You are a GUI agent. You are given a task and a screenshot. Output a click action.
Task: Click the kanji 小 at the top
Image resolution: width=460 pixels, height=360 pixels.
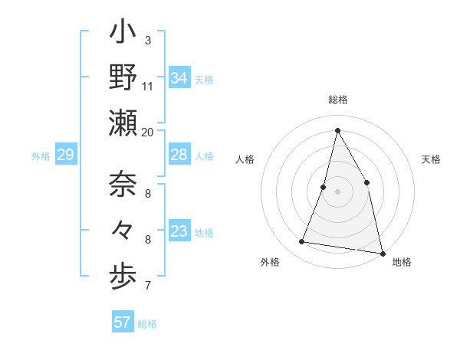point(123,34)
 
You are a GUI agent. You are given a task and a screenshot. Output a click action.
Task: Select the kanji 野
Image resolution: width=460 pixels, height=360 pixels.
point(123,79)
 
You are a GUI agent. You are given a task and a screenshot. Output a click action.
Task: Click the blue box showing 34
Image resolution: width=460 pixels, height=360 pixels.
point(179,78)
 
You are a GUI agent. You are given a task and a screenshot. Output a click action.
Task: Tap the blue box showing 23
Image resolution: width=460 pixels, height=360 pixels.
point(179,232)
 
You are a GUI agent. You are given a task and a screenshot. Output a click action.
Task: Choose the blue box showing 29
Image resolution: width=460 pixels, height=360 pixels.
point(65,155)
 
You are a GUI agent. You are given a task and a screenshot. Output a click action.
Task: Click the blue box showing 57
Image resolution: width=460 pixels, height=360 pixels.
point(122,322)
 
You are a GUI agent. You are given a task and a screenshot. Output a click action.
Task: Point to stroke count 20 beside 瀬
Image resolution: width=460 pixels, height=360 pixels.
point(148,133)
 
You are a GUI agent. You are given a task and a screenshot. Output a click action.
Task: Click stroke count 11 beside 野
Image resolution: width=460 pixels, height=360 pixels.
point(148,87)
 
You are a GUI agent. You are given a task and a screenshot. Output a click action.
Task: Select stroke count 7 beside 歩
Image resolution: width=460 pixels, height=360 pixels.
point(148,286)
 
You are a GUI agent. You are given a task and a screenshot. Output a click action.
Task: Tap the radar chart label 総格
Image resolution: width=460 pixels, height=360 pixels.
point(337,100)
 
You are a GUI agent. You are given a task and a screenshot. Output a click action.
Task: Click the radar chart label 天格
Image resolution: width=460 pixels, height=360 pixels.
point(431,159)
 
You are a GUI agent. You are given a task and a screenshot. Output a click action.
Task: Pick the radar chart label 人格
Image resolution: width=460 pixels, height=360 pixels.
point(245,159)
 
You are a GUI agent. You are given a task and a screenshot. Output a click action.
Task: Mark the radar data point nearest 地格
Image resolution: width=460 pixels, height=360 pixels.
point(381,252)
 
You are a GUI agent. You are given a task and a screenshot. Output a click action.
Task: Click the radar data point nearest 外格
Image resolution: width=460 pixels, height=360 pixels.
point(302,242)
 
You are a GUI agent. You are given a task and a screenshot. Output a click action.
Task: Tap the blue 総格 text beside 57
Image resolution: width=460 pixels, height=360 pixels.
point(147,324)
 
